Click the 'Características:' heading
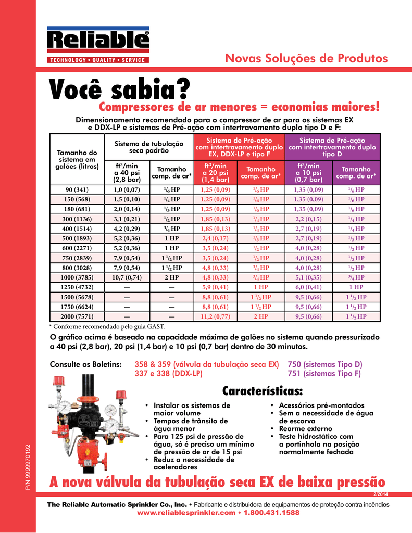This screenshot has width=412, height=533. [263, 390]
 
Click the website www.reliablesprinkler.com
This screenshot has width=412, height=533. [184, 513]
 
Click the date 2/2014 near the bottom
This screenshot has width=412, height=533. [381, 494]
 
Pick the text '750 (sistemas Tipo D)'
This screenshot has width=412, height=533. [324, 364]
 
